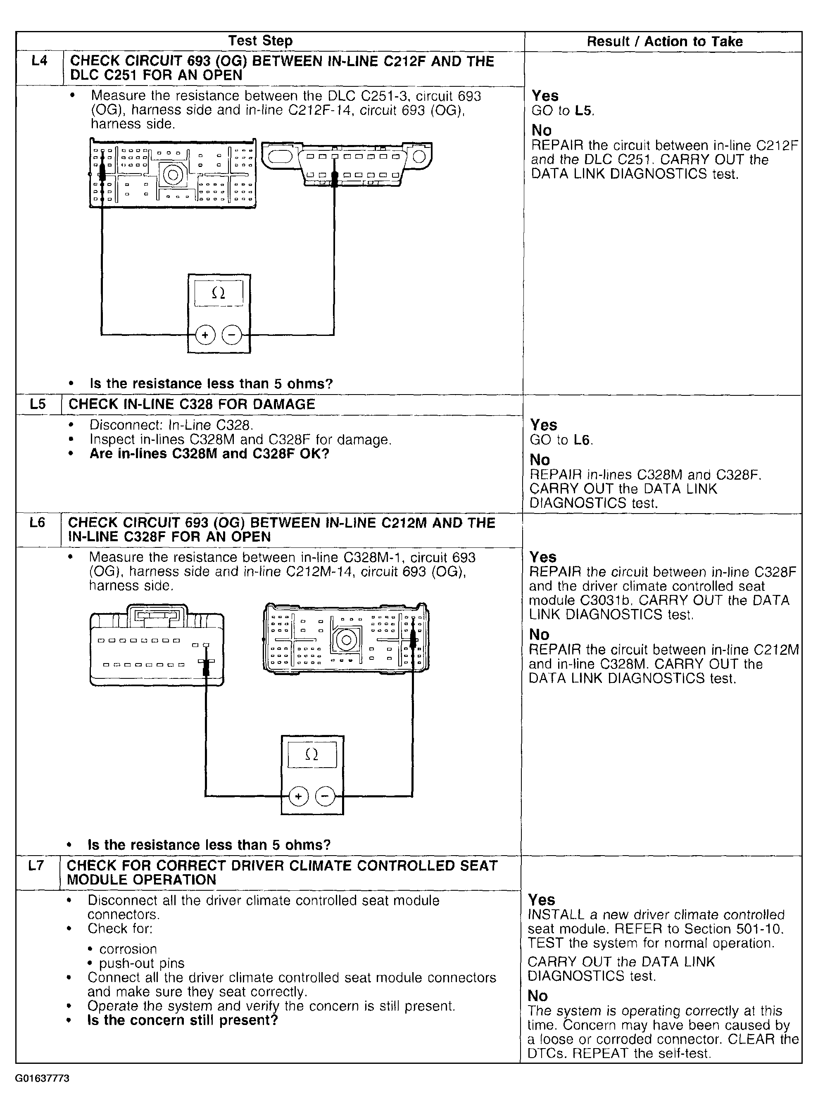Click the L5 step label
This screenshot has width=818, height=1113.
click(x=38, y=404)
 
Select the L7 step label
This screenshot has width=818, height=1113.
click(x=36, y=866)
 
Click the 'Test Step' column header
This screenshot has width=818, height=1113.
click(x=260, y=40)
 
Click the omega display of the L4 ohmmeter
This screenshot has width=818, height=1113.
click(x=219, y=293)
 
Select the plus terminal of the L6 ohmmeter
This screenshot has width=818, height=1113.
click(x=299, y=796)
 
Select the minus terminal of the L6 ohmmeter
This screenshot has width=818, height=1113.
click(x=325, y=796)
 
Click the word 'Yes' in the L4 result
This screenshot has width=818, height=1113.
click(x=545, y=95)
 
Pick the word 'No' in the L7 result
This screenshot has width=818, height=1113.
click(x=538, y=996)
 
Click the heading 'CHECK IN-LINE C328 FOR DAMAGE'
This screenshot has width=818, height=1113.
click(x=192, y=404)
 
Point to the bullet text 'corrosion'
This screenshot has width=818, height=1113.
click(x=128, y=949)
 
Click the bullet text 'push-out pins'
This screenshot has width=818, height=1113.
click(x=142, y=963)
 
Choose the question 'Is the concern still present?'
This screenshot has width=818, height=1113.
click(x=182, y=1020)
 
